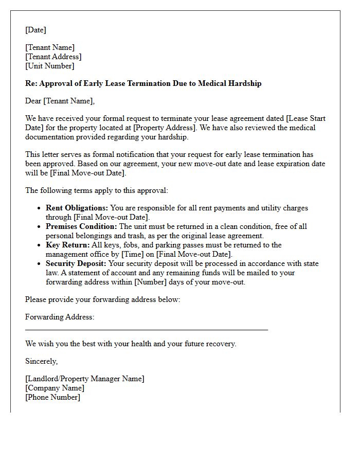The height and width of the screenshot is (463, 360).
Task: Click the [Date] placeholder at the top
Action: [35, 30]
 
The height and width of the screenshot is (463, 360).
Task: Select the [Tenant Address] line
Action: [53, 57]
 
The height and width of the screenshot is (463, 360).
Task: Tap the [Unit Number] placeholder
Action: [49, 66]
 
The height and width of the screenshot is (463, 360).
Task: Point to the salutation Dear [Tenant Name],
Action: [60, 101]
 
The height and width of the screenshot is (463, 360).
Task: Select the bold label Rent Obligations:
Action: [77, 208]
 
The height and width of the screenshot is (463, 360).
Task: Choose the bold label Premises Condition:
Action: [81, 226]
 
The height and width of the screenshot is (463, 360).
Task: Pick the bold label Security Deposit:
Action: [76, 263]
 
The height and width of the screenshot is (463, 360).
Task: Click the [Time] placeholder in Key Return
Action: [132, 254]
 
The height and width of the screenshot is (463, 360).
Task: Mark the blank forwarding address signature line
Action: [147, 329]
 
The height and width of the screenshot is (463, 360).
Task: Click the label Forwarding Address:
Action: [60, 317]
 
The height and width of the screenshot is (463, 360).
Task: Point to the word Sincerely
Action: [41, 361]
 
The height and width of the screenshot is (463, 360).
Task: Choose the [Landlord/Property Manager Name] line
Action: [85, 379]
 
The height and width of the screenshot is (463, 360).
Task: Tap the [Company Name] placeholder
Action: [55, 388]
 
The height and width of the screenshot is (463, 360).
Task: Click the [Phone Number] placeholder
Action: [52, 397]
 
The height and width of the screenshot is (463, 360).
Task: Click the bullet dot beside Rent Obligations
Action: [40, 208]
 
